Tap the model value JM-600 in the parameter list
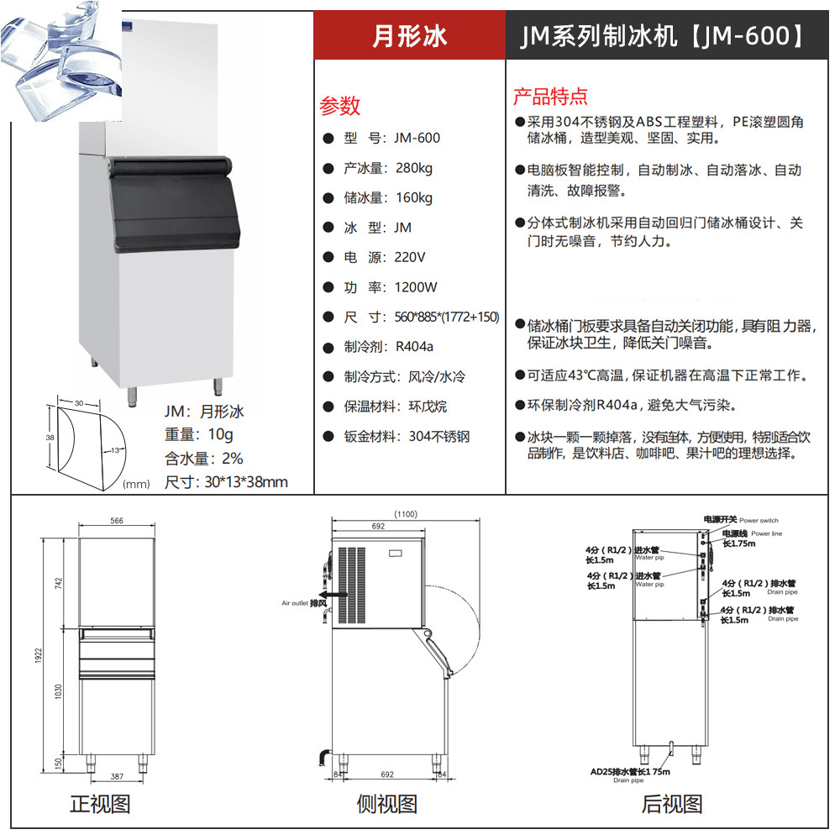(x=417, y=138)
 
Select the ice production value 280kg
(x=413, y=168)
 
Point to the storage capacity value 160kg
(x=413, y=198)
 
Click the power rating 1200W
(x=416, y=287)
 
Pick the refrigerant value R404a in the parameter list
(x=414, y=346)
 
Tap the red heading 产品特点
(x=550, y=96)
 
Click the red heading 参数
(x=339, y=106)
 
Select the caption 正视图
(x=100, y=804)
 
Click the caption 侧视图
(x=386, y=804)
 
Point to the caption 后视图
(x=672, y=804)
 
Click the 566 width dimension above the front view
(x=117, y=521)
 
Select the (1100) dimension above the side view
(x=406, y=514)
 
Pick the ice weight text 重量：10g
(x=198, y=435)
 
